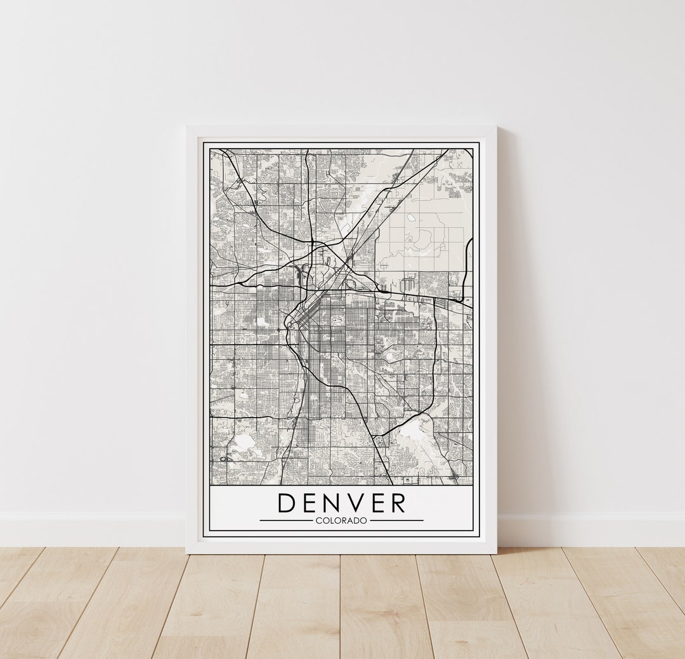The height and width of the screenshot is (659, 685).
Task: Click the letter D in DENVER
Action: tap(288, 503)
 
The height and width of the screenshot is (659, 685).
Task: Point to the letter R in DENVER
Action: tap(398, 503)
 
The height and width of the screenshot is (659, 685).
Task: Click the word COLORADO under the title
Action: tap(341, 521)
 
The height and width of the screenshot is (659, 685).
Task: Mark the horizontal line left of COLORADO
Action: tap(285, 521)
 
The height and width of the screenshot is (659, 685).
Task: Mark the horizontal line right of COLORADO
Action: tap(396, 521)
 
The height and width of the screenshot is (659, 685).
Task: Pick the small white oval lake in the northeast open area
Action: tap(410, 218)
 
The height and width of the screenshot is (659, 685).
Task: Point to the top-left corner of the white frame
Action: tap(187, 127)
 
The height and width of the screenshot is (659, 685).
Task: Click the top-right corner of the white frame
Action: tap(495, 127)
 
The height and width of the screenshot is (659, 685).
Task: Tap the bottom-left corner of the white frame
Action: tap(187, 552)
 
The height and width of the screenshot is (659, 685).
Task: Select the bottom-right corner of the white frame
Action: tap(495, 552)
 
